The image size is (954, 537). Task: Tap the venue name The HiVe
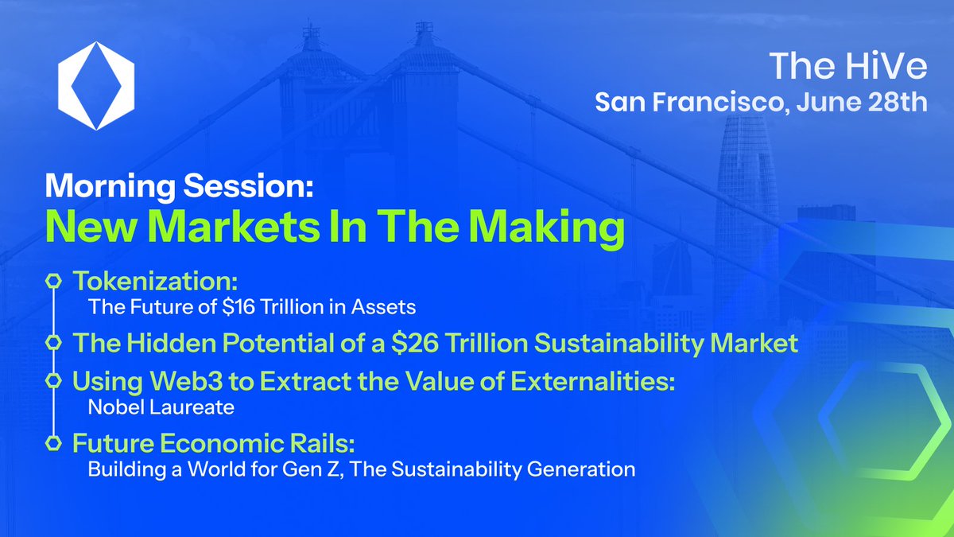[847, 67]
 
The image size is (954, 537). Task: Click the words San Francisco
[688, 103]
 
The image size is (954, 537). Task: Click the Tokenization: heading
[156, 281]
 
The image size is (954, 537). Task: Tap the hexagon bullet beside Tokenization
[53, 282]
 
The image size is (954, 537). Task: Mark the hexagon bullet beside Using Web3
[53, 381]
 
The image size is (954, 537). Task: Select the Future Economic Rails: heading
[196, 443]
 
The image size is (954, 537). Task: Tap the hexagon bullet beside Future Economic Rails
[53, 442]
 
